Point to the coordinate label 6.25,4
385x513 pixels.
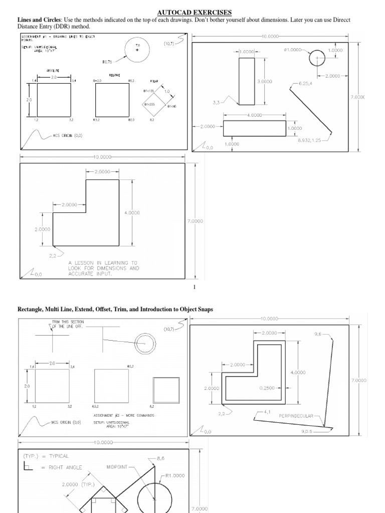tap(305, 83)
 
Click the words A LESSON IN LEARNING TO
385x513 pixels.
tap(103, 262)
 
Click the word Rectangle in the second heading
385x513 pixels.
tap(32, 310)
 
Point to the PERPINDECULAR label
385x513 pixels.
tap(296, 415)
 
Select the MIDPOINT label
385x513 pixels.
tap(117, 466)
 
